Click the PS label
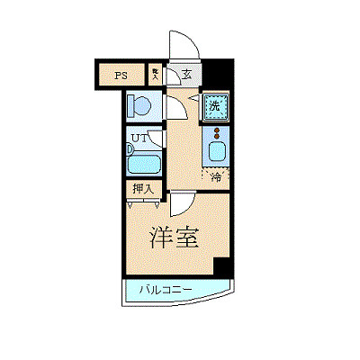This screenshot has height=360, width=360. (120, 76)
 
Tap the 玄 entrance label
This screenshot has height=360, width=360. (184, 76)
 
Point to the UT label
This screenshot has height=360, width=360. (139, 138)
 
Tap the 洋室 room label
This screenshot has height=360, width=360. (174, 238)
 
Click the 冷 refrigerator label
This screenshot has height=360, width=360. (215, 176)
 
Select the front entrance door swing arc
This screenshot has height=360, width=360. (179, 45)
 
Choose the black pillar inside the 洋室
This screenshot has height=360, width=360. (221, 266)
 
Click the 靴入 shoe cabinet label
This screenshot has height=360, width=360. (155, 76)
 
